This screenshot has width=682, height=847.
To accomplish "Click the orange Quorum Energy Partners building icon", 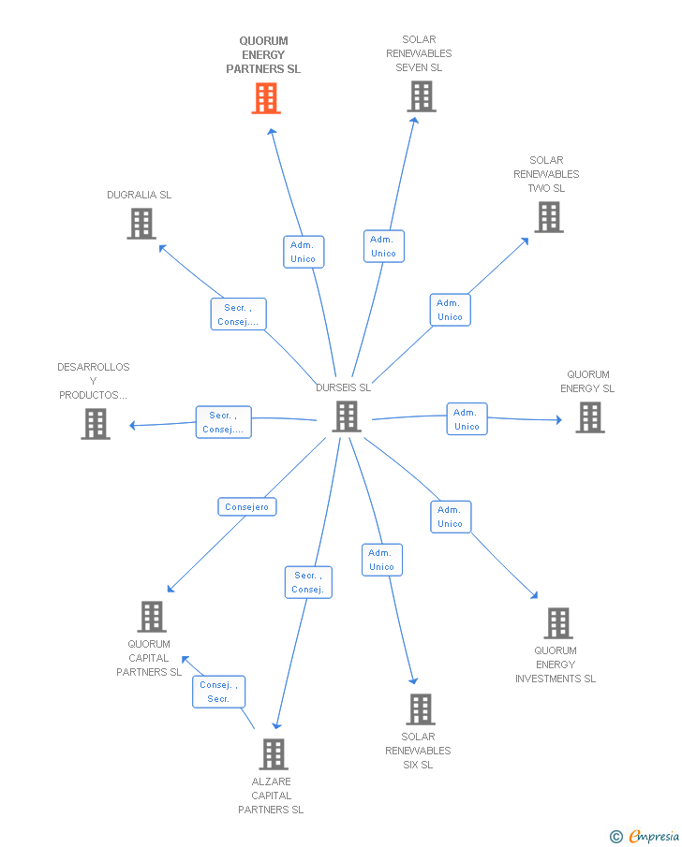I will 266,98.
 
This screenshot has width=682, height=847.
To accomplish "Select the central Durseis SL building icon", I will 347,416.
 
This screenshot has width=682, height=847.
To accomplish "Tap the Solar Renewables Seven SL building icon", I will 422,96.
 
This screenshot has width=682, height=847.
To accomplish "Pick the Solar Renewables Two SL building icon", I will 549,217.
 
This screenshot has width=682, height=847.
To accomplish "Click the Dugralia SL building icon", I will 141,224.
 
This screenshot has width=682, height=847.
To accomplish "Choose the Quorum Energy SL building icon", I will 590,417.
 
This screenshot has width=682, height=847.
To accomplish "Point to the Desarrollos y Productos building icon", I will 96,424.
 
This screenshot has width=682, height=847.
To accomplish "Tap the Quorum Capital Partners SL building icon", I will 152,617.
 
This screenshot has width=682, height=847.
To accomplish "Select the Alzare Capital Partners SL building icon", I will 273,754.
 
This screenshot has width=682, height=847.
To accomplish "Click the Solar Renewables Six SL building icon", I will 421,709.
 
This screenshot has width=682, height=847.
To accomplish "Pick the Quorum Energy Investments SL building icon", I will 558,623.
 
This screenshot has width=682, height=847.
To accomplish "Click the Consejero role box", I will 247,507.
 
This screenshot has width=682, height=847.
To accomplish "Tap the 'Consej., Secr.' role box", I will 220,692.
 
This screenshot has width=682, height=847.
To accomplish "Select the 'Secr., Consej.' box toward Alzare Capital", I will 308,582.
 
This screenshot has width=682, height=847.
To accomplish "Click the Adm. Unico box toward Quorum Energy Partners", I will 304,252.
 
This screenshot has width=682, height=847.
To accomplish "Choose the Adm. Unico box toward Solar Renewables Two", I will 451,310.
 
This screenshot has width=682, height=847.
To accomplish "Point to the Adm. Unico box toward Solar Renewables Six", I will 382,560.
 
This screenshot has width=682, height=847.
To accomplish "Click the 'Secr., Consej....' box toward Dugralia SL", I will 238,314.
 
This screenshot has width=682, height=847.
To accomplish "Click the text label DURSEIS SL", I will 343,387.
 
